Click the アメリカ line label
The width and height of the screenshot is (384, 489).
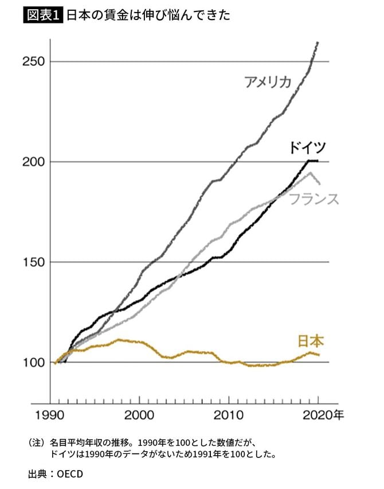click(x=268, y=82)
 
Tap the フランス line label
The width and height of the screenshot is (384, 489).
click(x=314, y=199)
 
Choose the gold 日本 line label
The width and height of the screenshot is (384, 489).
click(x=311, y=341)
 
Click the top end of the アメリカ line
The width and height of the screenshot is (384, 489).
click(x=318, y=42)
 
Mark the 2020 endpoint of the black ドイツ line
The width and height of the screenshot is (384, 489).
click(x=318, y=161)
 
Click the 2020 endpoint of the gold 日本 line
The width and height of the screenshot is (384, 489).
click(x=319, y=355)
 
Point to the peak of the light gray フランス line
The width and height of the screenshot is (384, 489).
click(x=310, y=172)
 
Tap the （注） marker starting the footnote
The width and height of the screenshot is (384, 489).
click(x=36, y=444)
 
